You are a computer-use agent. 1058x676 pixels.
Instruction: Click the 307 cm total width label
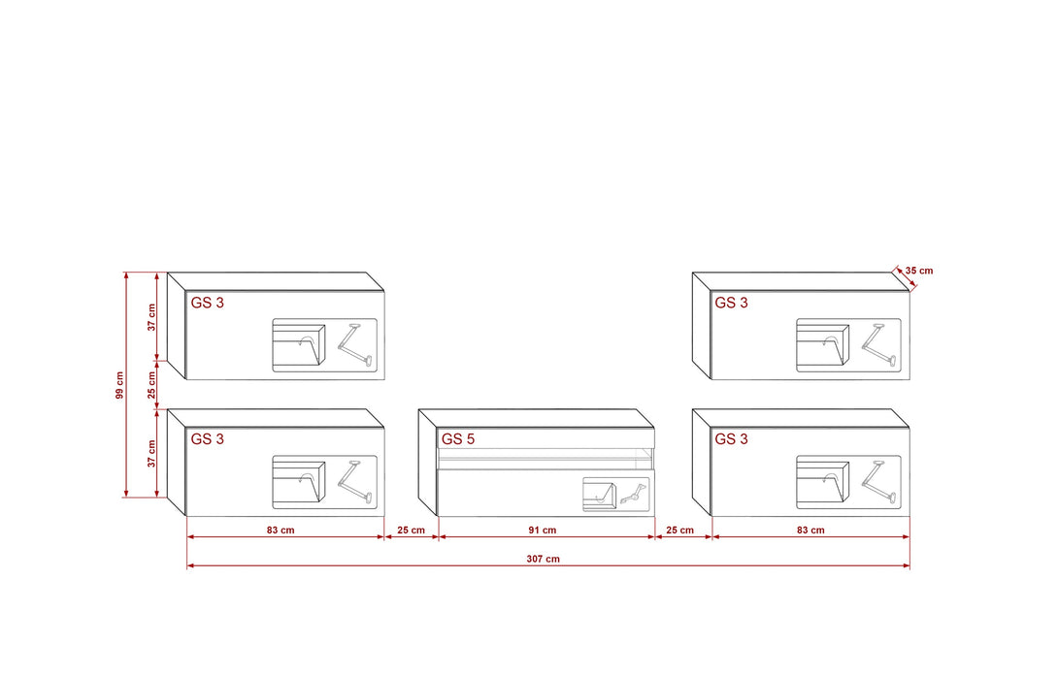[544, 559]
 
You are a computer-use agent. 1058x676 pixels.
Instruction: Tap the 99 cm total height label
[119, 385]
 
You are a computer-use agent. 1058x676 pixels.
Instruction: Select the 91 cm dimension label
[543, 530]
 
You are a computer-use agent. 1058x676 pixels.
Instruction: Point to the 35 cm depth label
[919, 271]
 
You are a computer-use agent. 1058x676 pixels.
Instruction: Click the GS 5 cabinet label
[458, 438]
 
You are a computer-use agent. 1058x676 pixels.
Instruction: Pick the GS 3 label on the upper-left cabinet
[207, 303]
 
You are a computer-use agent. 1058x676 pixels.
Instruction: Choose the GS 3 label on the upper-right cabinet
[732, 303]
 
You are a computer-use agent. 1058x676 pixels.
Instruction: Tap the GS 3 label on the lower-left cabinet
[207, 438]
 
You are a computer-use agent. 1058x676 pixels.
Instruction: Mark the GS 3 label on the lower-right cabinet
[732, 438]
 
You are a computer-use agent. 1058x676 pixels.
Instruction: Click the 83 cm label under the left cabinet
[281, 530]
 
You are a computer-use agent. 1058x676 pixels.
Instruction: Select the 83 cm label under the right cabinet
[810, 530]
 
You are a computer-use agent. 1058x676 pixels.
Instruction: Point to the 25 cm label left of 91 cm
[411, 530]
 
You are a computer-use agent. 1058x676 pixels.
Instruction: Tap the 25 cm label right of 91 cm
[680, 530]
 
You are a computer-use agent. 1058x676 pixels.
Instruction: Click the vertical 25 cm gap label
[151, 384]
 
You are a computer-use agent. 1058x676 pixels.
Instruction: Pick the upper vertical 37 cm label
[151, 317]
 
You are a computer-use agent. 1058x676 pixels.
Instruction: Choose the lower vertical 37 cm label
[151, 453]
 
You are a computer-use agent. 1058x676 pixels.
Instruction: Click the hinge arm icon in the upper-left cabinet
[355, 345]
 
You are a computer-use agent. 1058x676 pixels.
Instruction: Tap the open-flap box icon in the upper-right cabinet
[823, 344]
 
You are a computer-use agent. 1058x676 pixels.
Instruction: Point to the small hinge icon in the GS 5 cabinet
[633, 494]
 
